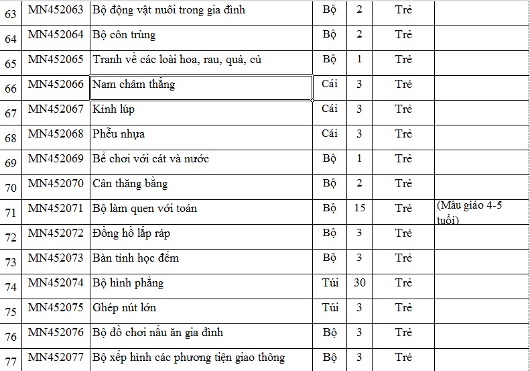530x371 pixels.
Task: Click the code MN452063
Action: tap(56, 10)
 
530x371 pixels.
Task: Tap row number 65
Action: tap(11, 64)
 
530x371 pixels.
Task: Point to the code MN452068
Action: tap(56, 134)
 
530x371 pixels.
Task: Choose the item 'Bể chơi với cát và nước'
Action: tap(151, 159)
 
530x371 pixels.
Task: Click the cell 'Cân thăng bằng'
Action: tap(130, 184)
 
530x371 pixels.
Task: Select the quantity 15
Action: tap(360, 208)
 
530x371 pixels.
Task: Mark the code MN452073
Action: tap(56, 258)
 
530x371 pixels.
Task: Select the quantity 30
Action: tap(360, 282)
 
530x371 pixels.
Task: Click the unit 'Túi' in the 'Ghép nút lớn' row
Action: tap(330, 307)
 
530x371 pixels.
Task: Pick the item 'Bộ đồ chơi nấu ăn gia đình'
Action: tap(157, 332)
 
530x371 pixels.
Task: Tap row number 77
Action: tap(11, 361)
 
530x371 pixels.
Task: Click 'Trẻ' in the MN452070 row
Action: tap(403, 183)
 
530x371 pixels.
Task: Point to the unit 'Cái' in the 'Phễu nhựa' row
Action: tap(330, 134)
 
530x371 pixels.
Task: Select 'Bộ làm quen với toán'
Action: tap(144, 209)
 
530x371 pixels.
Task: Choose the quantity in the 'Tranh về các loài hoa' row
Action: tap(360, 59)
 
